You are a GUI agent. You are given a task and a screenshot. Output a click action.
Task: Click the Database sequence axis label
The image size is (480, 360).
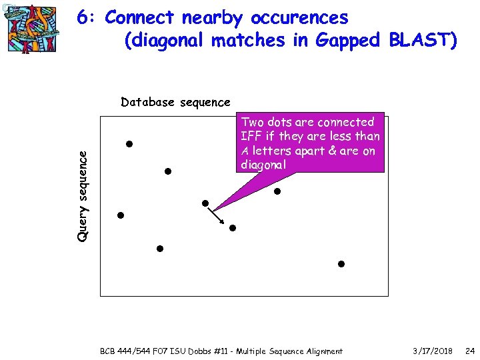(x=175, y=102)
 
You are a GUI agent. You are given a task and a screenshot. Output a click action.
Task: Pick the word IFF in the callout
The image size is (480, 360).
(x=251, y=137)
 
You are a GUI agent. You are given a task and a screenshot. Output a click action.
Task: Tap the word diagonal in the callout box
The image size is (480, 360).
(x=263, y=165)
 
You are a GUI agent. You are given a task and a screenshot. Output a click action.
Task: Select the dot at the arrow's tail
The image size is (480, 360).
(x=205, y=203)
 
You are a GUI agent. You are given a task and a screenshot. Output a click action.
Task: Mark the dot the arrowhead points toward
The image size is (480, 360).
(x=233, y=228)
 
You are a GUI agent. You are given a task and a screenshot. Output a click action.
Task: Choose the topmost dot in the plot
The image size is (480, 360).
(x=129, y=144)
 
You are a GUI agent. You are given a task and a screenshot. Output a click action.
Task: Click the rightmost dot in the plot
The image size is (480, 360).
(x=341, y=264)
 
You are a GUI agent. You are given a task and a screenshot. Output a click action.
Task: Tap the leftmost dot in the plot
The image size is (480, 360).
(x=121, y=215)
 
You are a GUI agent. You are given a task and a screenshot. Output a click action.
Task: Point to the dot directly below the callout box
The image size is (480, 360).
(x=277, y=191)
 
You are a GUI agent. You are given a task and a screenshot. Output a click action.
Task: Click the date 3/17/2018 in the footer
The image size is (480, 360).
(x=432, y=351)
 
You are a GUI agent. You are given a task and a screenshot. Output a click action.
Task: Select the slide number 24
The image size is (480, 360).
(x=469, y=351)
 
